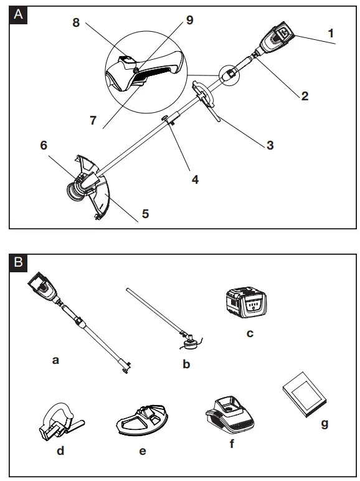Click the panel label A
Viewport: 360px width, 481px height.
point(19,14)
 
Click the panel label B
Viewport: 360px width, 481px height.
point(19,262)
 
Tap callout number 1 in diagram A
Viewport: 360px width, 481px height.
point(331,33)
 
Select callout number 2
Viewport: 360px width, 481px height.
point(305,96)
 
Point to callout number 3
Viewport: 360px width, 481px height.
point(270,145)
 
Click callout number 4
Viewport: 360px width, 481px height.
point(195,179)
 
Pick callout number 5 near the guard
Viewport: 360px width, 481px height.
point(145,214)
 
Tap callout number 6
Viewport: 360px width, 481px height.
point(44,145)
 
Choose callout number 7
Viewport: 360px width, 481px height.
point(93,120)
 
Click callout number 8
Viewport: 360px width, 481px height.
point(76,22)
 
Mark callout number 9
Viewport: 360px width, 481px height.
point(190,20)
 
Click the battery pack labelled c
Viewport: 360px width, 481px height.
point(246,302)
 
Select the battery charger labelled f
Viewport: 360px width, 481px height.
point(230,416)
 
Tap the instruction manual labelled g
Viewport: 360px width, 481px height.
point(305,394)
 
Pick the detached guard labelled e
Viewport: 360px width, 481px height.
point(142,420)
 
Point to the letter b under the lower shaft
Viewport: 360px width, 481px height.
point(186,364)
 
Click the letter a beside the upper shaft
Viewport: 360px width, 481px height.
point(55,361)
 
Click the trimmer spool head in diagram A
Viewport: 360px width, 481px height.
point(75,192)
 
